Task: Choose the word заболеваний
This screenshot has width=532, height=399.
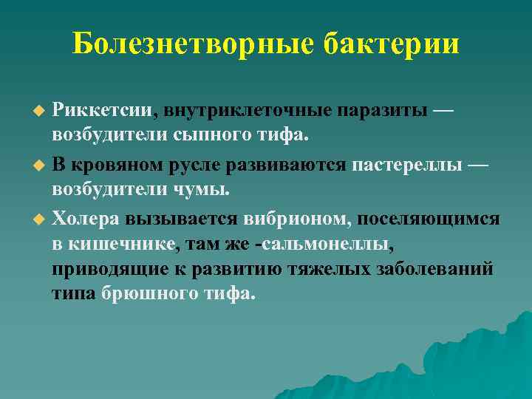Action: point(432,268)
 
